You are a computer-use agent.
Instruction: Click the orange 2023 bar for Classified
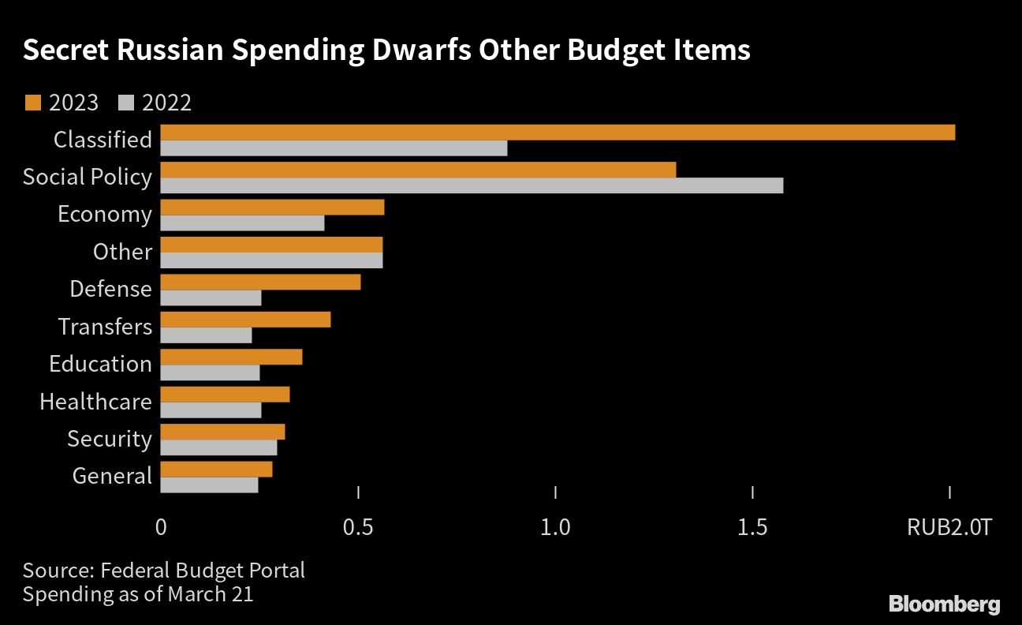pos(558,132)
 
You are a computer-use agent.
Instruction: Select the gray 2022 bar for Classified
pos(334,148)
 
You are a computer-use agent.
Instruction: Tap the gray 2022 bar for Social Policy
pos(472,185)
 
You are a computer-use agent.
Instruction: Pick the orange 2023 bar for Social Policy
pos(418,170)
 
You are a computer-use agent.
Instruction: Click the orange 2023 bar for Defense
pos(260,282)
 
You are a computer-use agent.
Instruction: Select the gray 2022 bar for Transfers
pos(206,335)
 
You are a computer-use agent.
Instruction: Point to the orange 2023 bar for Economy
pos(272,207)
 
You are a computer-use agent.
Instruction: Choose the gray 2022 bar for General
pos(209,485)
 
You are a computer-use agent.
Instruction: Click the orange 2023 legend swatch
pos(32,103)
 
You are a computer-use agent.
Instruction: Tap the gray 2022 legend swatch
pos(125,103)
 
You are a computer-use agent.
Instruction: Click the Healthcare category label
pos(95,402)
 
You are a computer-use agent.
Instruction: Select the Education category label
pos(100,364)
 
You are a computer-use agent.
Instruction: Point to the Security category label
pos(109,439)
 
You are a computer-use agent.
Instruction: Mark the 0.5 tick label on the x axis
pos(358,527)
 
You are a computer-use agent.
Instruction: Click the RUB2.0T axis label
pos(949,527)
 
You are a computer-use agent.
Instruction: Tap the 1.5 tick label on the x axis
pos(752,527)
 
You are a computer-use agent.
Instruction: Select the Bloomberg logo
pos(944,604)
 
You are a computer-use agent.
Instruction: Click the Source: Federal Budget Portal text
pos(163,570)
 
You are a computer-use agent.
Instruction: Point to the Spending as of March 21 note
pos(138,594)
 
